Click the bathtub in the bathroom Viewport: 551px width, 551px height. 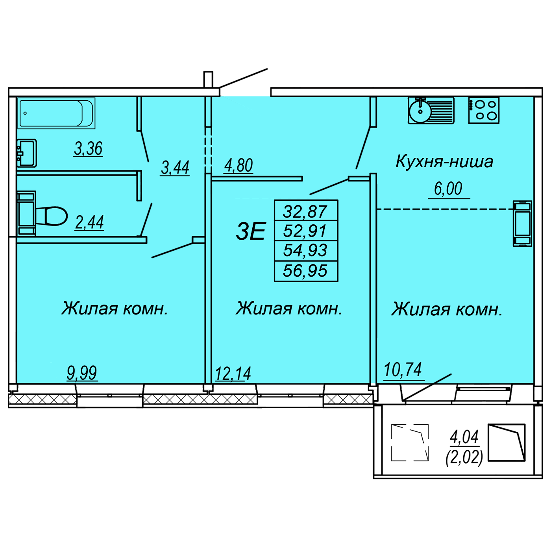point(56,113)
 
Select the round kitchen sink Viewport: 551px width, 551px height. point(420,111)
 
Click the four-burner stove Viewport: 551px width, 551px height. point(484,110)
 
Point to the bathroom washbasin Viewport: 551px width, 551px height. point(27,153)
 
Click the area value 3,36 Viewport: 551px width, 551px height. point(88,149)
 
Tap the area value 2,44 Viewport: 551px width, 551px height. point(89,222)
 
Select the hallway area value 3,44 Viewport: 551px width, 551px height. point(175,168)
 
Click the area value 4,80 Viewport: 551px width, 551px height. point(238,166)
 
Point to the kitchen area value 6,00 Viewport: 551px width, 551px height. point(448,189)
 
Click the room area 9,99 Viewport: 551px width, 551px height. point(82,373)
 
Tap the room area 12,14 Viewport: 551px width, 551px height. point(233,373)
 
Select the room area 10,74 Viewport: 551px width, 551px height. point(403,370)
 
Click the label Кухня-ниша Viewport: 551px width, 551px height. point(444,162)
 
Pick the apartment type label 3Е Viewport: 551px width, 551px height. point(251,231)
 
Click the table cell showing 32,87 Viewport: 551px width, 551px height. point(305,211)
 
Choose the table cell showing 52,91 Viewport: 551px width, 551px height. point(305,231)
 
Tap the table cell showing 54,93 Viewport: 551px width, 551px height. point(305,250)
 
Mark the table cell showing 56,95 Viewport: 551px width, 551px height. point(305,271)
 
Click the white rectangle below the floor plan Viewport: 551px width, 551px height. point(292,423)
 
